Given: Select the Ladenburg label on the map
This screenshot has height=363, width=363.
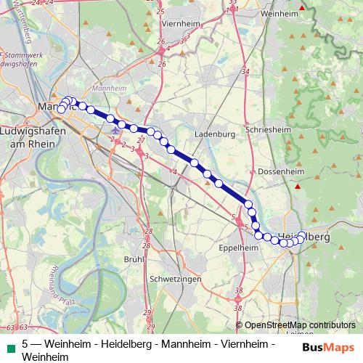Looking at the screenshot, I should point(216,134).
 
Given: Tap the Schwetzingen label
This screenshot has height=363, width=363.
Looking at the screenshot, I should point(169,278).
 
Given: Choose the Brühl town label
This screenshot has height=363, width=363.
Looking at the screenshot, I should point(134,259).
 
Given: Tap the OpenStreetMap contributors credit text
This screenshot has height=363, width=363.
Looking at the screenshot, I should point(300,326).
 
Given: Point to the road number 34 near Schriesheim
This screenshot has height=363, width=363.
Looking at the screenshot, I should point(246,72).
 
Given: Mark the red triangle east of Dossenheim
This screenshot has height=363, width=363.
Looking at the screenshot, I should point(297,187).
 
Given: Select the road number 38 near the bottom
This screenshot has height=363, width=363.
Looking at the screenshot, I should point(239,291).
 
